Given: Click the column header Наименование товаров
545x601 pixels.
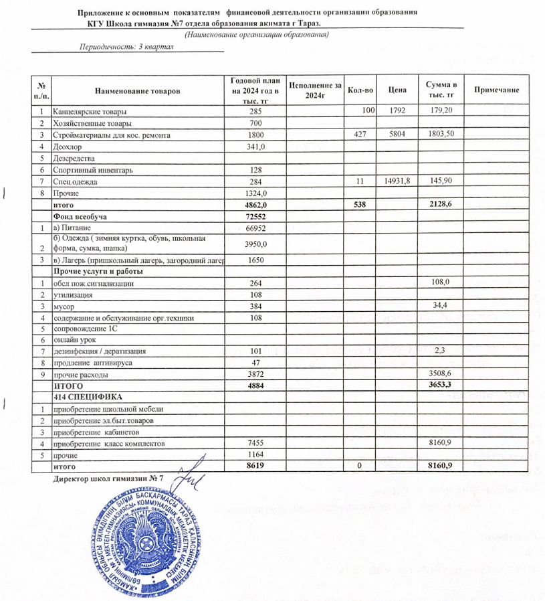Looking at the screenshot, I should click(137, 90).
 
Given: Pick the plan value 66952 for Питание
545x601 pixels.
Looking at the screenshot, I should click(257, 228).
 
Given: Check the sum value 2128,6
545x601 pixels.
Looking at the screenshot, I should click(441, 205).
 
